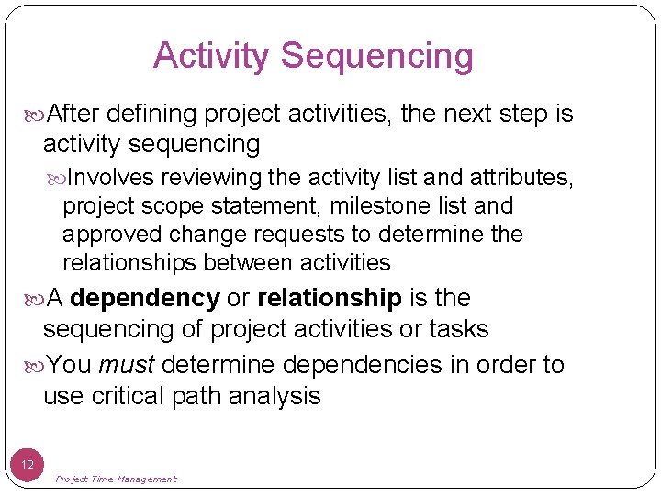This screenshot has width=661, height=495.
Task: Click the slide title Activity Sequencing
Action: coord(313,56)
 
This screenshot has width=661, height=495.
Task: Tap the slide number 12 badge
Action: coord(27,465)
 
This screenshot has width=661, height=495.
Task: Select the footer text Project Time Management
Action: coord(116,478)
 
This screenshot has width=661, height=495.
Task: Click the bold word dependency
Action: coord(144,299)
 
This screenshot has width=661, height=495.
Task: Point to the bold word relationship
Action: coord(330,299)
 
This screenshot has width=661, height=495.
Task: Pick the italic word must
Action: coord(126,365)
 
